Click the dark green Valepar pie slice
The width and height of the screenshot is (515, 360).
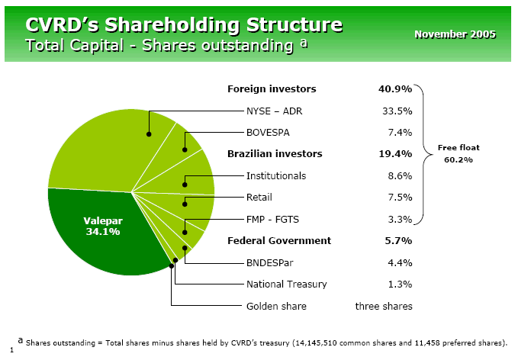[103, 229]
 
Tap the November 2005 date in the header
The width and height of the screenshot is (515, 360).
[455, 34]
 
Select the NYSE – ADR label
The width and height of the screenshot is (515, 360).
[274, 111]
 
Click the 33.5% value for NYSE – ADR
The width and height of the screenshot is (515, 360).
[397, 111]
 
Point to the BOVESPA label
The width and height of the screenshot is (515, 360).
[267, 131]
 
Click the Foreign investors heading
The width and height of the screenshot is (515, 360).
[272, 89]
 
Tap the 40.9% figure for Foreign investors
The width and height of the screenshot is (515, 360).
[395, 89]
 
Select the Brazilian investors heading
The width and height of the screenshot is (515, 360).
[275, 153]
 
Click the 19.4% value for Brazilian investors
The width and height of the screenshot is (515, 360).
[395, 153]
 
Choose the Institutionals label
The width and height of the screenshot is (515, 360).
[276, 175]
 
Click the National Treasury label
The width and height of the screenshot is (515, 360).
[286, 284]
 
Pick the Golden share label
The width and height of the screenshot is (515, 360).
[276, 306]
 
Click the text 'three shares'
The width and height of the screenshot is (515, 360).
[384, 306]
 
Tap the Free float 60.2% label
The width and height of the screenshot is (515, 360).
[459, 153]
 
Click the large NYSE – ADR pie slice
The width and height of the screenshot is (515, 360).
[99, 149]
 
